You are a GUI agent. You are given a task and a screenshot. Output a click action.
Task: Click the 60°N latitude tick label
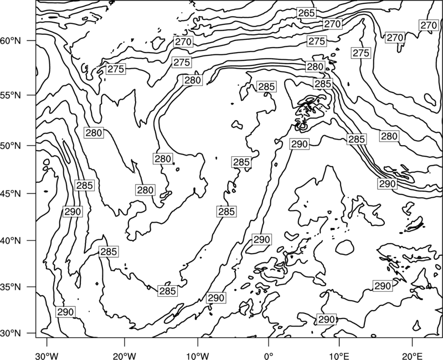coord(11,41)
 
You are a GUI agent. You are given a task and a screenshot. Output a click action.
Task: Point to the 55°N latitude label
coord(11,95)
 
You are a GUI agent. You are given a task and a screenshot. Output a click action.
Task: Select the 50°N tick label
coord(11,146)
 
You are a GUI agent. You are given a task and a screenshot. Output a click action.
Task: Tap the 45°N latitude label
coord(11,193)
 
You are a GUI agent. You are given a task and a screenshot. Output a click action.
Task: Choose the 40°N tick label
coord(11,240)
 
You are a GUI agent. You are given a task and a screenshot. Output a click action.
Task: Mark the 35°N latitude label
coord(11,287)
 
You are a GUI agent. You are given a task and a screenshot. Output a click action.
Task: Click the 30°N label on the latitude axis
coord(11,333)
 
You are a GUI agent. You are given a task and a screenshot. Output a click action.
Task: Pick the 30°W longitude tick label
coord(47,356)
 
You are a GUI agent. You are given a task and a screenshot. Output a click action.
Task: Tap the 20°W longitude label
coord(124,356)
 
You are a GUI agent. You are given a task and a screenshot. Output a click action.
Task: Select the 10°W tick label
coord(198,356)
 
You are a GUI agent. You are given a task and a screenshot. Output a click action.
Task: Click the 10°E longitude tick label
coord(339,356)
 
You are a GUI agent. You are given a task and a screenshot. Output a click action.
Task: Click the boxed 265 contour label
coord(307,13)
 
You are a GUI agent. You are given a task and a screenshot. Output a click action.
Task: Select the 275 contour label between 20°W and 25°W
coord(116,69)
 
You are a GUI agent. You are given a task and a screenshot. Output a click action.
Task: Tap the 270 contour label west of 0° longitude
coord(183,42)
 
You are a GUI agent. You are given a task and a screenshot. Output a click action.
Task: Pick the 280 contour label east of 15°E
coord(389,136)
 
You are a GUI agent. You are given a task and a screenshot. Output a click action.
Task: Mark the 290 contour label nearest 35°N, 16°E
coord(383,286)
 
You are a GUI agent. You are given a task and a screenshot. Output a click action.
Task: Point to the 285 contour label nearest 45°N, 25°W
coord(85,186)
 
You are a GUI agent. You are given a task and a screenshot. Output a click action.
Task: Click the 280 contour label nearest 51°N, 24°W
coord(94,132)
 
